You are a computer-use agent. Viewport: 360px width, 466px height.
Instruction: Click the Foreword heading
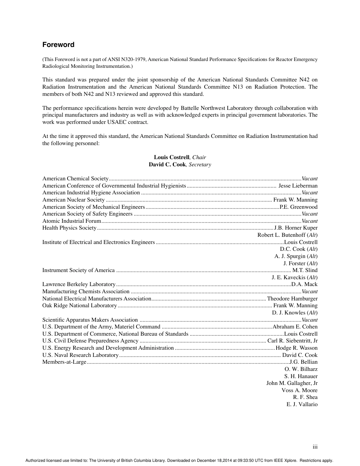58,45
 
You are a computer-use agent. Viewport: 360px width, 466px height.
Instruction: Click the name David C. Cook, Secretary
180,164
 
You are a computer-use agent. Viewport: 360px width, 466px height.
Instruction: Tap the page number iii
315,447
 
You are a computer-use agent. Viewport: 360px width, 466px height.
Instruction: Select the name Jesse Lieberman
298,186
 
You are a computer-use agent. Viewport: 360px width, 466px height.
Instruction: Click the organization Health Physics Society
69,228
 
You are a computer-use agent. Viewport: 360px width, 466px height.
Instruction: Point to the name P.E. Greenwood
298,207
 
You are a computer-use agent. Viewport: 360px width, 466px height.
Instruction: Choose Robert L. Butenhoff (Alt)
287,235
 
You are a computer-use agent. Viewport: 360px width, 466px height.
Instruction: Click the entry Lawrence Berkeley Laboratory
79,284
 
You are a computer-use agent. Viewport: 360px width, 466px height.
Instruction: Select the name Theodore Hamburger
292,299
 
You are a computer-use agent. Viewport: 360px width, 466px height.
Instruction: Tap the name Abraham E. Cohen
295,327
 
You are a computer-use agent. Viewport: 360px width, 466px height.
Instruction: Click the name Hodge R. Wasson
296,348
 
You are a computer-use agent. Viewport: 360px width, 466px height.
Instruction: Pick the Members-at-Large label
64,362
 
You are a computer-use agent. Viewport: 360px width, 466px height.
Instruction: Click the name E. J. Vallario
302,404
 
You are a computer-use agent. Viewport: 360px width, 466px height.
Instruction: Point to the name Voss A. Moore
299,390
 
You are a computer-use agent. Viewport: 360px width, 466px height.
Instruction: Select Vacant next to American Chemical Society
310,178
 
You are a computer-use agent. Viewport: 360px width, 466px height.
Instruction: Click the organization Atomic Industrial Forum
72,221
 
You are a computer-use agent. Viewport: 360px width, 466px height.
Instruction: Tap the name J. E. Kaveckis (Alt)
294,277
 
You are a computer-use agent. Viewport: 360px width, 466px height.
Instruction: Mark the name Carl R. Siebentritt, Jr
292,341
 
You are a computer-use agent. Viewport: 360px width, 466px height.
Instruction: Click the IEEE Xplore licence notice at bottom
179,461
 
